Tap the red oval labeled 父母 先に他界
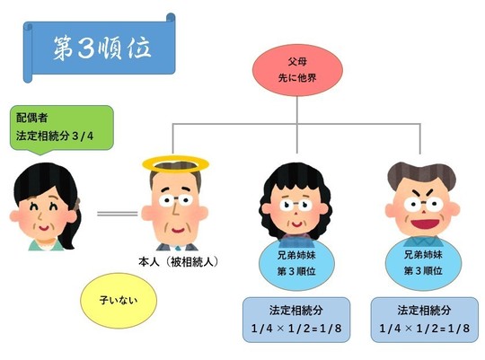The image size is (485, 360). [297, 70]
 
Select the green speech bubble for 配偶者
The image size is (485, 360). [62, 128]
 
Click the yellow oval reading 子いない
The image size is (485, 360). [119, 300]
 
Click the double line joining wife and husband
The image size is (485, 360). [118, 214]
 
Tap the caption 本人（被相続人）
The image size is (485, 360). [179, 262]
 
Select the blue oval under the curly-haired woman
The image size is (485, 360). [296, 264]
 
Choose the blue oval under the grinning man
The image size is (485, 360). [423, 263]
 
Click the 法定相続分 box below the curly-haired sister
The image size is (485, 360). [296, 320]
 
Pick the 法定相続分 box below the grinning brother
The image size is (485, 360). [424, 320]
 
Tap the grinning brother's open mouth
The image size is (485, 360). [424, 224]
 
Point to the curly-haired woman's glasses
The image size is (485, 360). [295, 205]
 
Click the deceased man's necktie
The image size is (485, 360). [178, 248]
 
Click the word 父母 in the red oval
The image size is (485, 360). [297, 62]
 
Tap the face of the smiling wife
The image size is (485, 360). [43, 214]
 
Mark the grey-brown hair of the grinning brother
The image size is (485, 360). [421, 176]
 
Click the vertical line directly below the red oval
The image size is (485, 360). [297, 125]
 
